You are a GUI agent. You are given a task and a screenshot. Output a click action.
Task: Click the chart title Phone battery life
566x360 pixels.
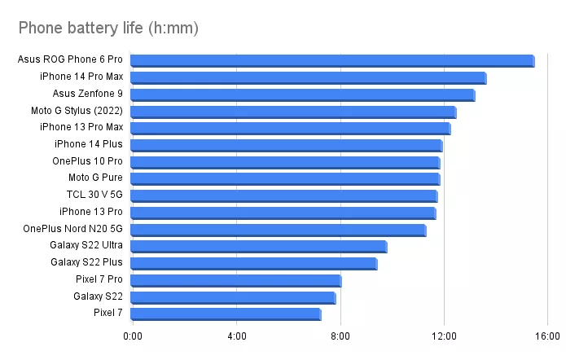click(108, 29)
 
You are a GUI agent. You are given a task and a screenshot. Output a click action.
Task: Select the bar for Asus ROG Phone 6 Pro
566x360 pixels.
click(331, 61)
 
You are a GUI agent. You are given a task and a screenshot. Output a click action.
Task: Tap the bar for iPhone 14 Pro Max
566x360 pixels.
click(308, 78)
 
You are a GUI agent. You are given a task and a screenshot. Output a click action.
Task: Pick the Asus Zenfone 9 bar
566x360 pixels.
click(302, 95)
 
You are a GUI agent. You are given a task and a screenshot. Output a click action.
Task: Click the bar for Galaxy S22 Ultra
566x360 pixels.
click(258, 247)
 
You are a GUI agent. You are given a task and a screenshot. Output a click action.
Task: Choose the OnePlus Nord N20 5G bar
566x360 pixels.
click(278, 230)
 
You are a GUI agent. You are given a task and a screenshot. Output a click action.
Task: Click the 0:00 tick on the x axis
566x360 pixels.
click(132, 336)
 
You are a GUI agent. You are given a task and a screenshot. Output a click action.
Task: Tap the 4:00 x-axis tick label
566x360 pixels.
click(236, 336)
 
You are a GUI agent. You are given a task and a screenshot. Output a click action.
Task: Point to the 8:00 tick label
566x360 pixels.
click(340, 336)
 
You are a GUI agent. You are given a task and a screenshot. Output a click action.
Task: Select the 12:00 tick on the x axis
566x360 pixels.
click(444, 336)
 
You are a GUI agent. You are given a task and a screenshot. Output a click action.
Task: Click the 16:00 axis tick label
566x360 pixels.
click(547, 336)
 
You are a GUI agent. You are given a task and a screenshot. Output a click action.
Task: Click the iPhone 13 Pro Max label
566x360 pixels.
click(81, 127)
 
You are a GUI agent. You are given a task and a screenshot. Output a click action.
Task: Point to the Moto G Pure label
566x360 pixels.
click(95, 178)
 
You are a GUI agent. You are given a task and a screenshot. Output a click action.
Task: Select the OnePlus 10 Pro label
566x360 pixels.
click(87, 161)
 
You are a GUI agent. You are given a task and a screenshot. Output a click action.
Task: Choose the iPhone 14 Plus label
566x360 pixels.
click(90, 144)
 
